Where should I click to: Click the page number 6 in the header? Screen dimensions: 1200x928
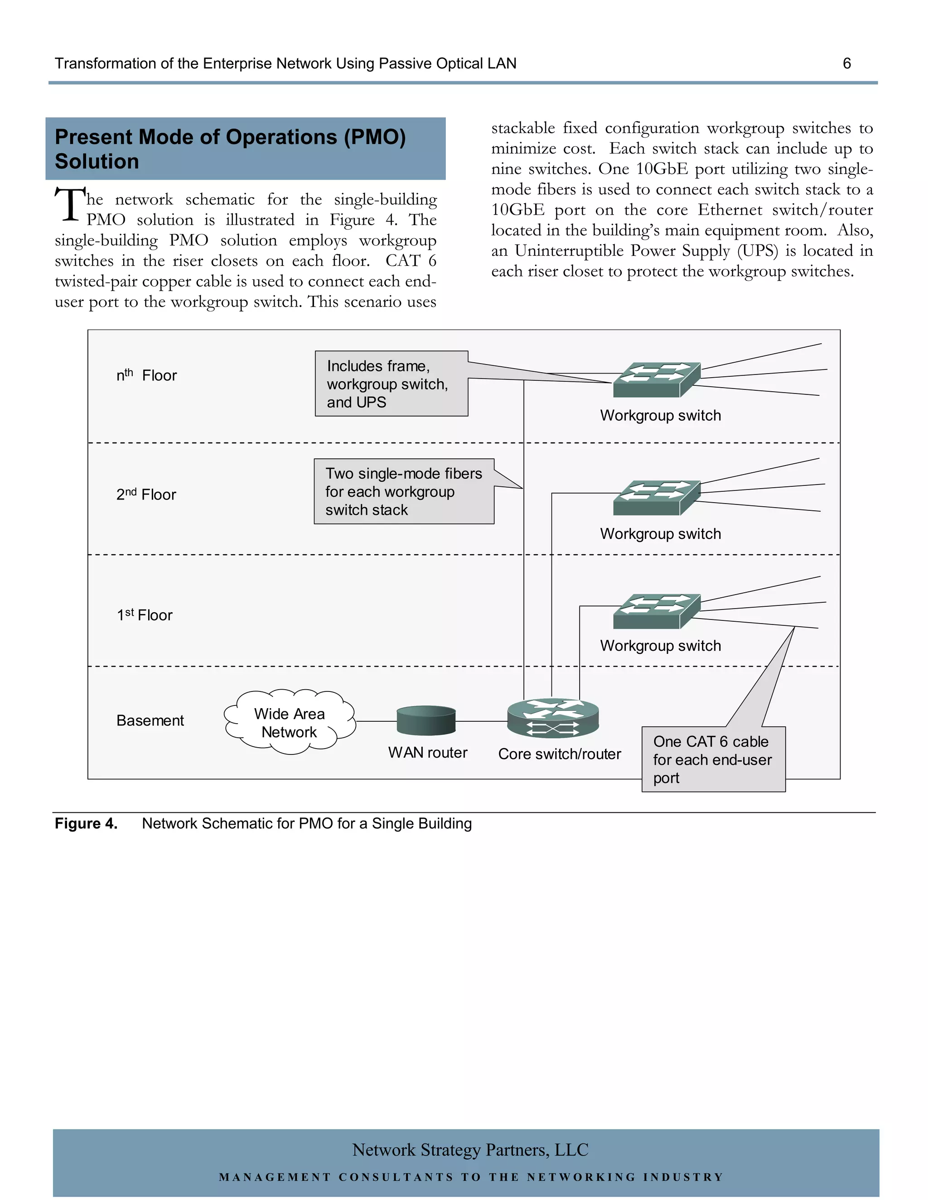[x=846, y=64]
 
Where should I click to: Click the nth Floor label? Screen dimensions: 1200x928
[x=146, y=375]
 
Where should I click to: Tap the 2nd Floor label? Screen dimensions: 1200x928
[x=146, y=494]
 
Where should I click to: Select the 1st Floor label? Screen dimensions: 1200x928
[x=145, y=615]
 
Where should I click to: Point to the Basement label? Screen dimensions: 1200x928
[x=150, y=720]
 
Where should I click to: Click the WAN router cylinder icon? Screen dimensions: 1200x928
[x=426, y=720]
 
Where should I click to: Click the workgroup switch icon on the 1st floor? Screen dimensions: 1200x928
[x=657, y=611]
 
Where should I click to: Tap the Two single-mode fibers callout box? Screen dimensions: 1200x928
[x=404, y=491]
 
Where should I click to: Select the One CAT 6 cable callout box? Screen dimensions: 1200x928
[x=713, y=759]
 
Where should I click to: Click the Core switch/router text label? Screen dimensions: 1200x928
[x=559, y=754]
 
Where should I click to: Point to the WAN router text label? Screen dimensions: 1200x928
[x=428, y=752]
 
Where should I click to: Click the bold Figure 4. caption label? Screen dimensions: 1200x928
[x=86, y=824]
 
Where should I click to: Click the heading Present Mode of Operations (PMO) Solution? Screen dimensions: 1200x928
[x=231, y=149]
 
